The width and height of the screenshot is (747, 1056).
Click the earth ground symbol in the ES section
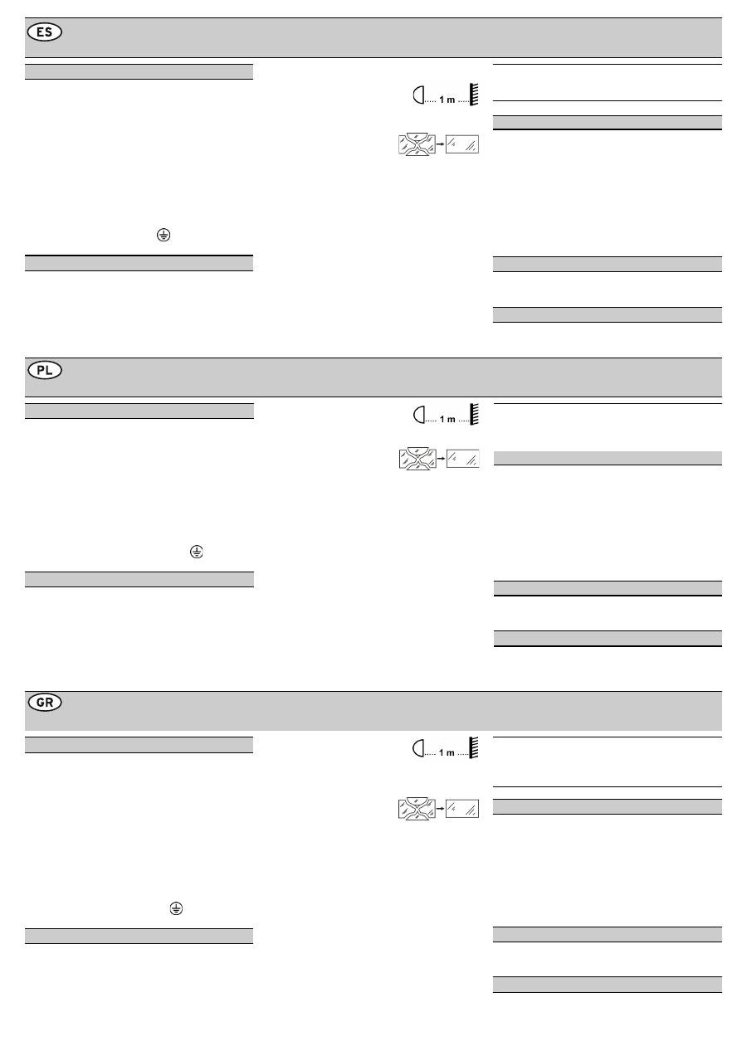tap(164, 236)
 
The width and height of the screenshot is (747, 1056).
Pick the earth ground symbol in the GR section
tap(175, 909)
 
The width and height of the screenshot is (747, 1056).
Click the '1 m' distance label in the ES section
tap(447, 100)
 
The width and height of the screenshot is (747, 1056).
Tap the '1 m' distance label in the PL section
tap(447, 419)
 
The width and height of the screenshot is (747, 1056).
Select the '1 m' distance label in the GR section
tap(447, 752)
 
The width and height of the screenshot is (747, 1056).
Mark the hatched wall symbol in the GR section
tap(474, 748)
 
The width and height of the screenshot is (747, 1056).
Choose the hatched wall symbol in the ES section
tap(474, 95)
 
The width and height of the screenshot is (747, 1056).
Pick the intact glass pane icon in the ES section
tap(463, 144)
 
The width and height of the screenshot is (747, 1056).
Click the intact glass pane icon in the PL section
tap(463, 459)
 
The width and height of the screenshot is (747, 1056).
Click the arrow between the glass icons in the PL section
tap(441, 459)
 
